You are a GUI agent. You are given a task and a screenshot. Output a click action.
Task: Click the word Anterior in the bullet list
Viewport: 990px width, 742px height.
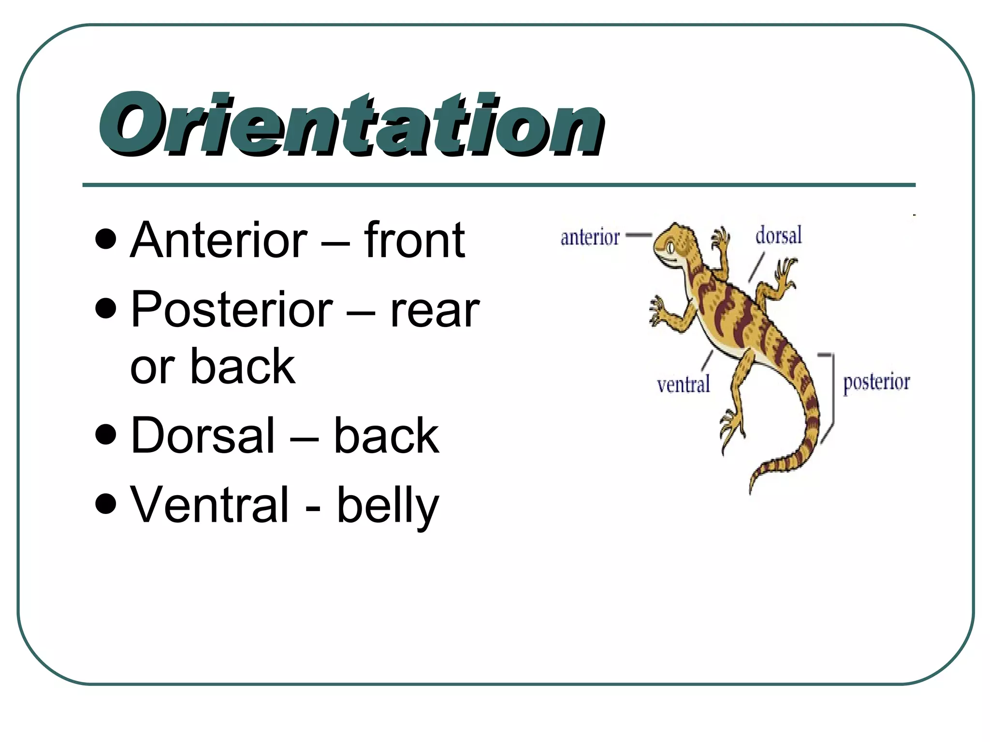click(218, 240)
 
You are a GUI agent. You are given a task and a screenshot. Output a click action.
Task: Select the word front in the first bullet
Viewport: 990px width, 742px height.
click(414, 240)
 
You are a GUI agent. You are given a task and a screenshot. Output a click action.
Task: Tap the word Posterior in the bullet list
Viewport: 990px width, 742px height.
click(232, 310)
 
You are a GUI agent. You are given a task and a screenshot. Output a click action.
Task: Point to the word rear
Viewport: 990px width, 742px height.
click(435, 312)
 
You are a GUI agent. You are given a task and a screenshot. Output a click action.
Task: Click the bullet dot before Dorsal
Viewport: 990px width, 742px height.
click(106, 434)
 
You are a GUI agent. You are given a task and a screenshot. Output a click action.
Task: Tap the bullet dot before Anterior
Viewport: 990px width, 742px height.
click(106, 239)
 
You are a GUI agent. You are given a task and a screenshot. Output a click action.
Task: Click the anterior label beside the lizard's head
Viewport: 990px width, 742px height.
click(590, 237)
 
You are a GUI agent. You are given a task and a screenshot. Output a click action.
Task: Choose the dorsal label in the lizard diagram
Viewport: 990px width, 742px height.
click(778, 235)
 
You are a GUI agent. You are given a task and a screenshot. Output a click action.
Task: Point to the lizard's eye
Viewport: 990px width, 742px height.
click(670, 248)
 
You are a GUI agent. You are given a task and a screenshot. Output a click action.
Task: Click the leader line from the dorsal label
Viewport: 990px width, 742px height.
click(757, 267)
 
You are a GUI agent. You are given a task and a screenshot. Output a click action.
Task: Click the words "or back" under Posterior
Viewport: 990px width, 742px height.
click(213, 367)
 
